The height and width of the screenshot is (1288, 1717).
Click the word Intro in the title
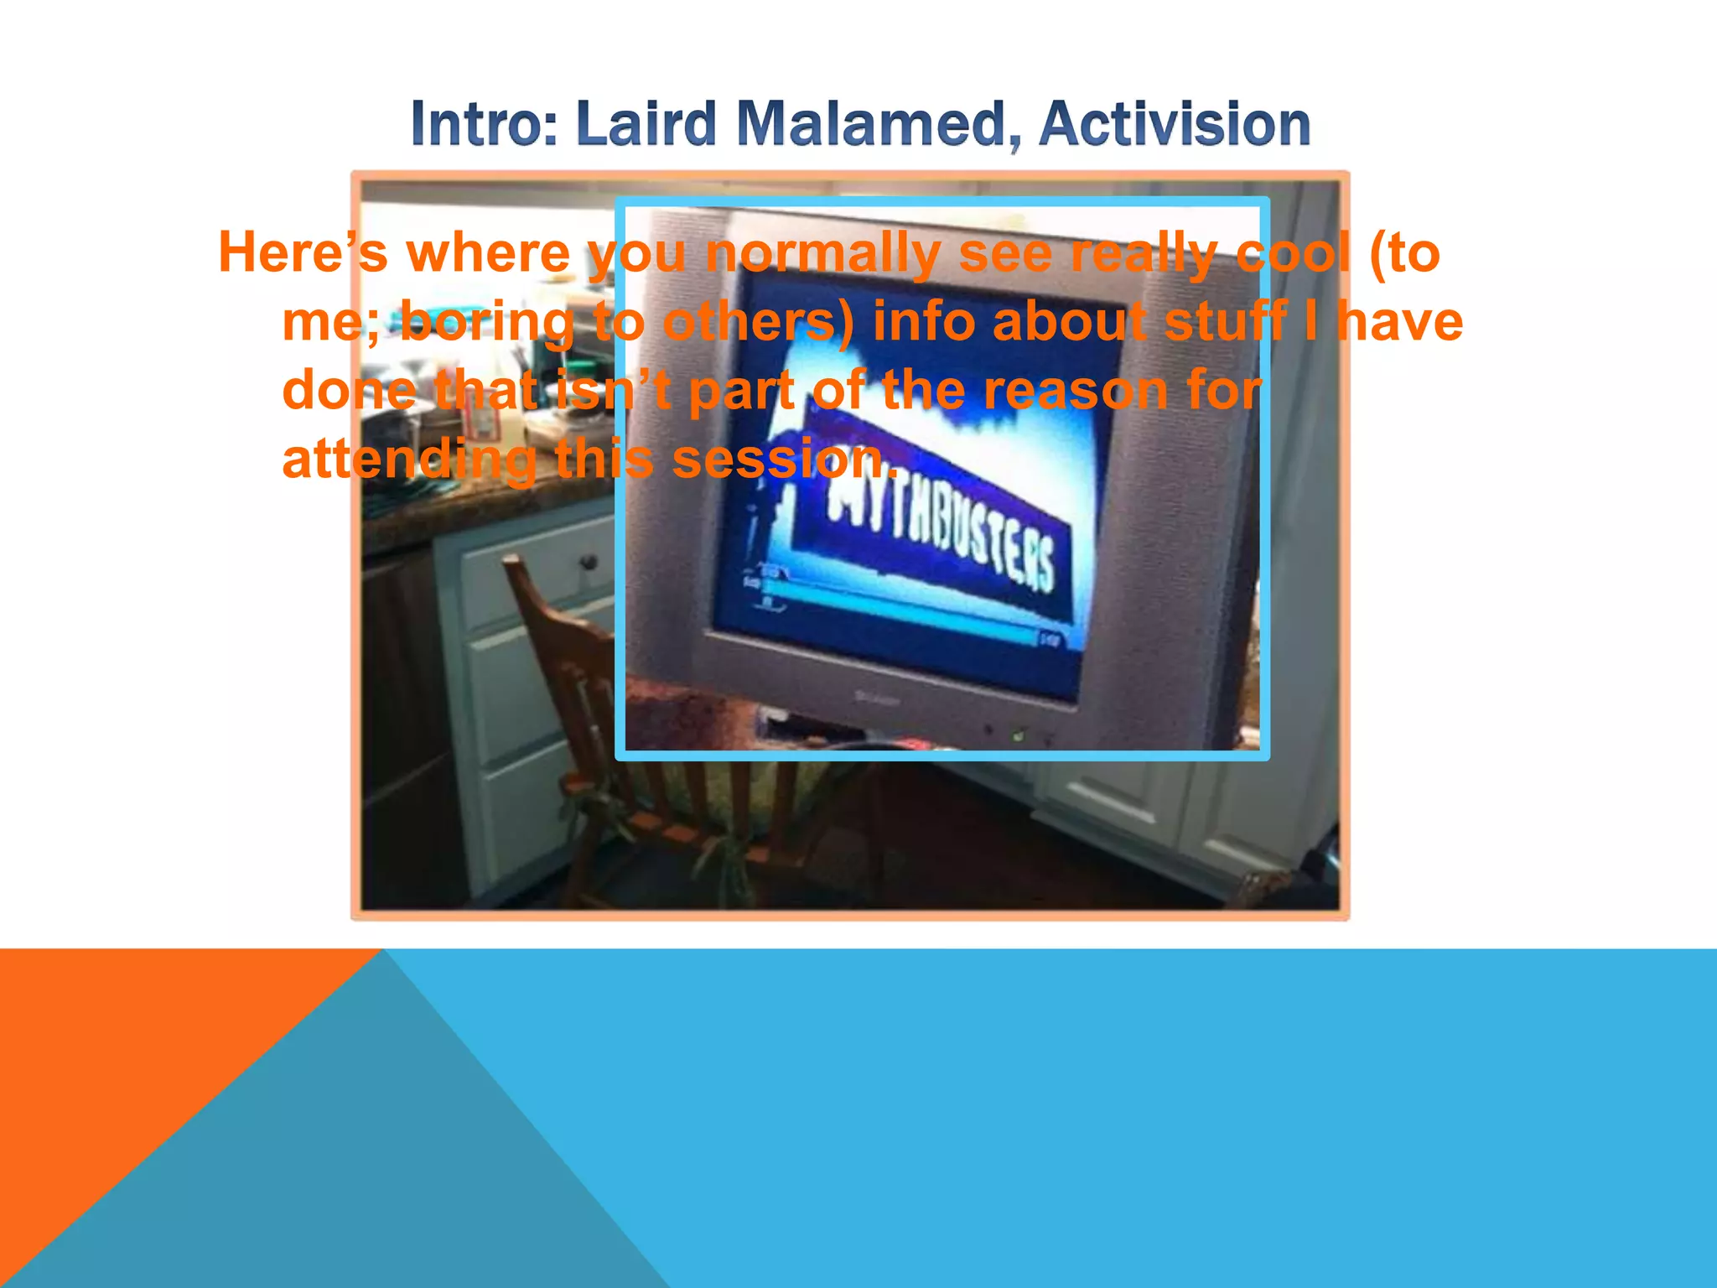pyautogui.click(x=483, y=125)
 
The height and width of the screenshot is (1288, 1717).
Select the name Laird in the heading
pyautogui.click(x=646, y=125)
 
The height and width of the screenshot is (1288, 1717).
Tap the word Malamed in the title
pyautogui.click(x=872, y=125)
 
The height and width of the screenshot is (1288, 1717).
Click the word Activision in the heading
pyautogui.click(x=1174, y=125)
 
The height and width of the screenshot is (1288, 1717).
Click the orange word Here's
pyautogui.click(x=303, y=252)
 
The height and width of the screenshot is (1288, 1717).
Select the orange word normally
pyautogui.click(x=822, y=254)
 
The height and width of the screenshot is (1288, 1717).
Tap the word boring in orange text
pyautogui.click(x=486, y=323)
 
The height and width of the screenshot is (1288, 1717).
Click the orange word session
pyautogui.click(x=784, y=460)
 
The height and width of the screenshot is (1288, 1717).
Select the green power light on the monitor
pyautogui.click(x=1018, y=736)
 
